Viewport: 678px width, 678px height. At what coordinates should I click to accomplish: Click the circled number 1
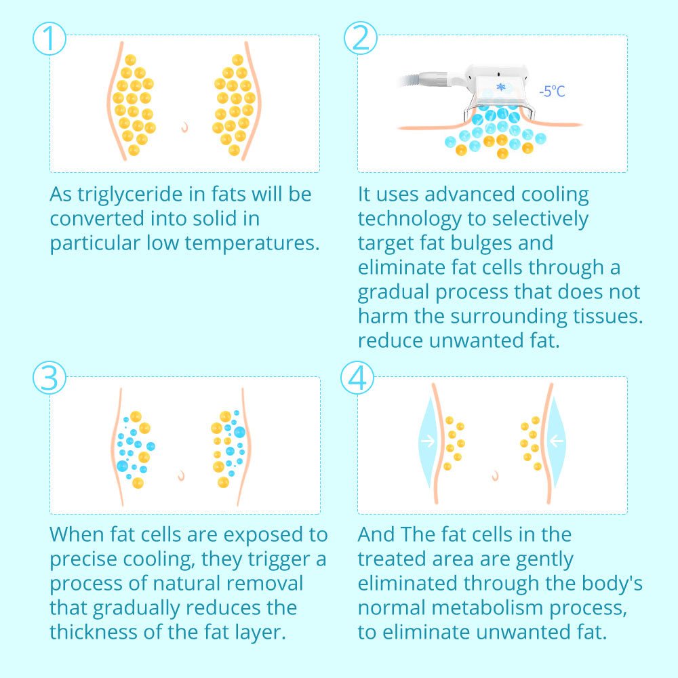coord(49,39)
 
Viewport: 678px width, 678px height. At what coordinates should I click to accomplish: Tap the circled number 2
coord(361,38)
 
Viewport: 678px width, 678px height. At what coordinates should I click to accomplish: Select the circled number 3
coord(49,378)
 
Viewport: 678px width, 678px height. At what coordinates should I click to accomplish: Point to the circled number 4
coord(357,378)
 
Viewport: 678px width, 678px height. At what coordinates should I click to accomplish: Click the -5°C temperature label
coord(552,92)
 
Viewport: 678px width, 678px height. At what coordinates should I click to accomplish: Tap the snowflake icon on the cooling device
coord(501,87)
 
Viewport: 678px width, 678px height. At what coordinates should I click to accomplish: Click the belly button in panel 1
coord(185,127)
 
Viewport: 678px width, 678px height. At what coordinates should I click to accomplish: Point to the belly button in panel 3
coord(182,476)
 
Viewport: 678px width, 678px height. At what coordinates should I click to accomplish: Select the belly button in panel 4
coord(496,476)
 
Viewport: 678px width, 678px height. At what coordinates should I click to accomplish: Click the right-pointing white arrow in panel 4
coord(428,441)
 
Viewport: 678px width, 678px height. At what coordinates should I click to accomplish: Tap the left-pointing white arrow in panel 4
coord(557,441)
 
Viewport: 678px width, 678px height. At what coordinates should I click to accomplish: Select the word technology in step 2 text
coord(410,220)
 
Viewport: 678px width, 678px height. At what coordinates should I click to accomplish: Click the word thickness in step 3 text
coord(93,632)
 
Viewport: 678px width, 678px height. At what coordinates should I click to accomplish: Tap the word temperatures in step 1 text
coord(252,243)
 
